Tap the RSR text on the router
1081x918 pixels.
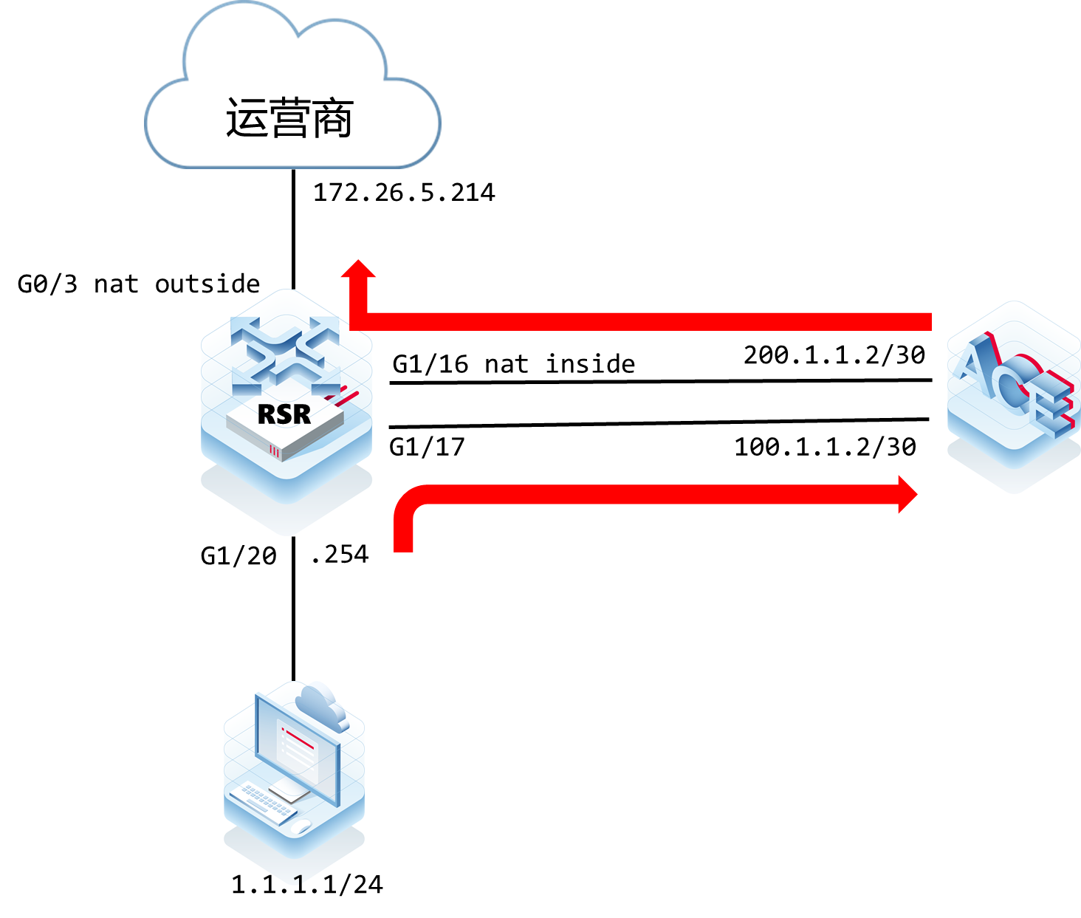click(x=284, y=414)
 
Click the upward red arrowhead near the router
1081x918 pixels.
click(x=359, y=269)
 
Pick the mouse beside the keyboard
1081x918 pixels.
click(x=301, y=826)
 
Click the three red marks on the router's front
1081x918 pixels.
click(x=275, y=450)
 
